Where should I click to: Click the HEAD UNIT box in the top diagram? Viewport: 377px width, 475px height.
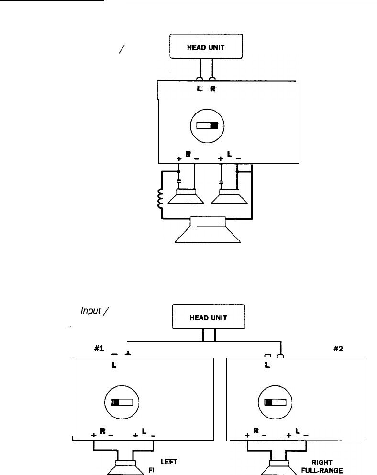coord(207,47)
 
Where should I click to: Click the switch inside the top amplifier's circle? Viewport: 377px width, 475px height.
coord(207,126)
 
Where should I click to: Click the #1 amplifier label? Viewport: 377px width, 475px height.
coord(100,349)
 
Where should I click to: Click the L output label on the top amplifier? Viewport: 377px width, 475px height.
coord(230,155)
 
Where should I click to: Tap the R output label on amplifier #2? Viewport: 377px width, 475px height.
coord(255,431)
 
